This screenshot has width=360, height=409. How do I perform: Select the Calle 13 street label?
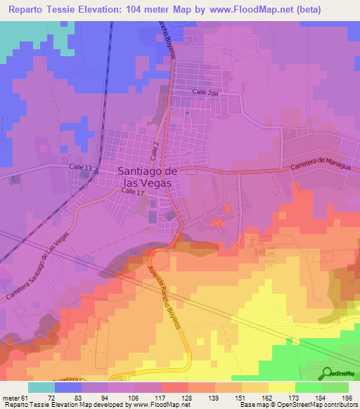point(80,167)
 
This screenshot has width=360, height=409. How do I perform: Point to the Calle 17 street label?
point(131,190)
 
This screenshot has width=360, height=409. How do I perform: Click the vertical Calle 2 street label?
point(153,148)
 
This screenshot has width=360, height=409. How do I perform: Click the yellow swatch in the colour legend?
point(282,387)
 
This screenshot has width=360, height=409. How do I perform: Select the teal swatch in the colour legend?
point(41,387)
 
